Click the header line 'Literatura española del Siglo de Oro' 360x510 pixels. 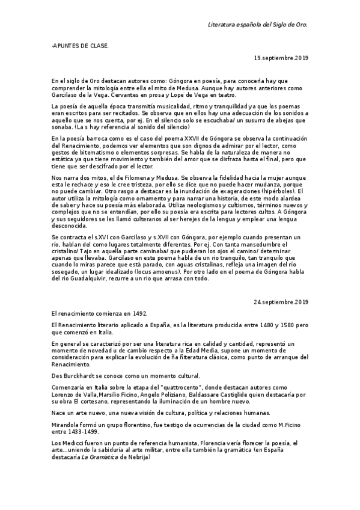coord(257,25)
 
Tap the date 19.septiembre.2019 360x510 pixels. coord(281,58)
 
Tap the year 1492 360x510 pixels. coord(137,314)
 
